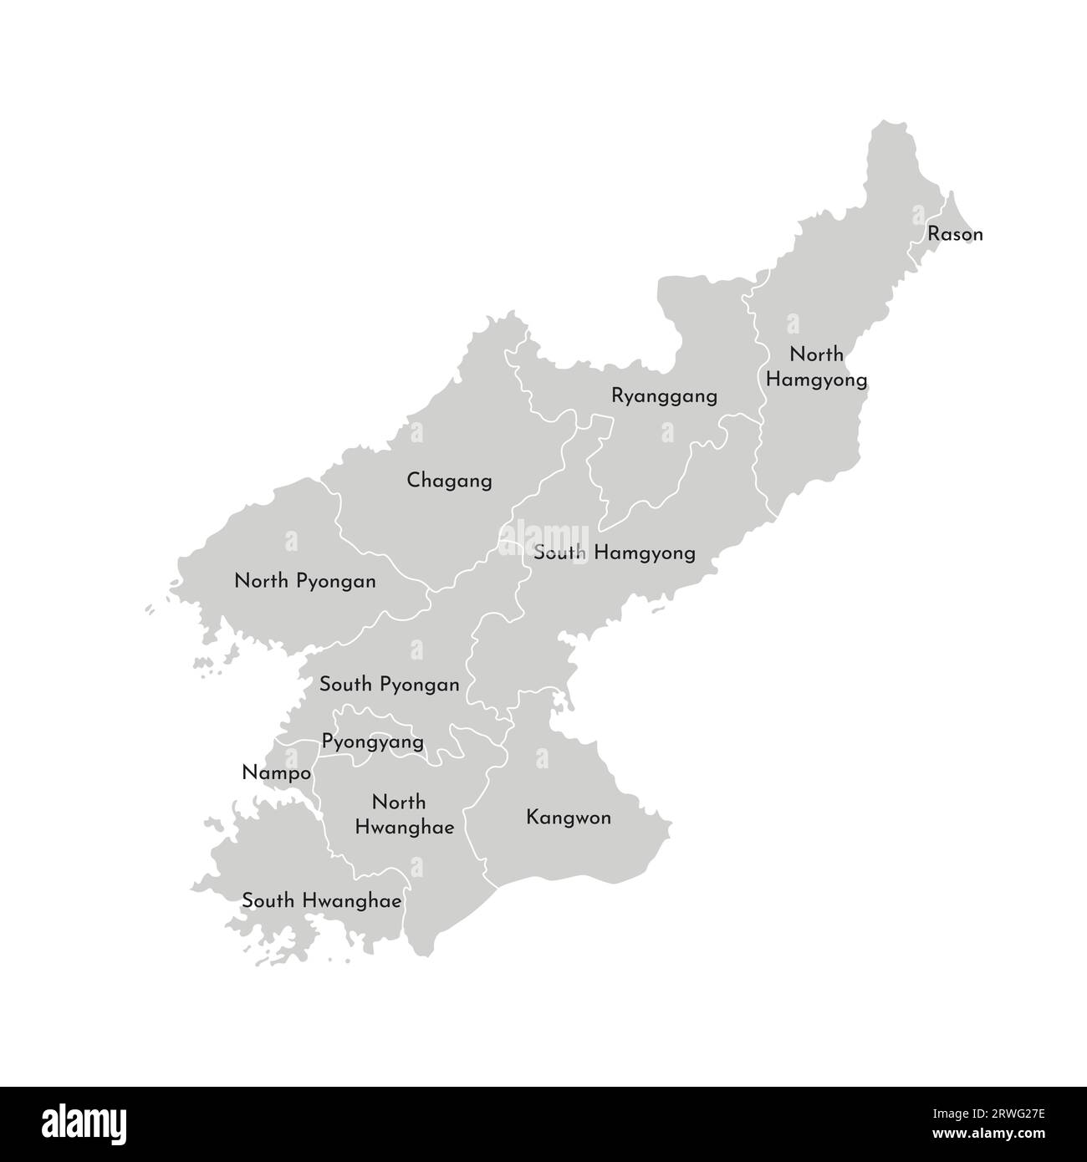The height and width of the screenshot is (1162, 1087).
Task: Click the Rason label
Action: point(955,234)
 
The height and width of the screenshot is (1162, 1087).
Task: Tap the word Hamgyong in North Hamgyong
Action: point(816,380)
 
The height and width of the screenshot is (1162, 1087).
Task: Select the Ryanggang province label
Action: point(664,395)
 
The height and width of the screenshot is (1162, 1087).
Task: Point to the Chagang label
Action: point(449,481)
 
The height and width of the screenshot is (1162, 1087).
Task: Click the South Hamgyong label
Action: point(614,553)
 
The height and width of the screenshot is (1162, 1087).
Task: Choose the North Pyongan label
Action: point(305,580)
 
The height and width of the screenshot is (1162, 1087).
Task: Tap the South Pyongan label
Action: point(389,685)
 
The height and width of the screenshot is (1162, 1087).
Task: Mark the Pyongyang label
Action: point(372,742)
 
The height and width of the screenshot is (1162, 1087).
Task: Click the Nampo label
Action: point(276,772)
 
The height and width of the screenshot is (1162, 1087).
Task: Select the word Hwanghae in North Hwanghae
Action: point(405,828)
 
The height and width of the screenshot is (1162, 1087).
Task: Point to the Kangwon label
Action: point(569,817)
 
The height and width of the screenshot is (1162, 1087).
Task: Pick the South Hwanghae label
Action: point(322,901)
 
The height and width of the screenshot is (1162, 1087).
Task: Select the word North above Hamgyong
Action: point(817,354)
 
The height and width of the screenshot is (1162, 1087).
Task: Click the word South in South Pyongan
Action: point(345,685)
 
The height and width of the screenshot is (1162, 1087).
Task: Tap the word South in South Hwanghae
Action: point(268,901)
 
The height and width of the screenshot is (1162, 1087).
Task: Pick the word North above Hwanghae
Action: point(399,803)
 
